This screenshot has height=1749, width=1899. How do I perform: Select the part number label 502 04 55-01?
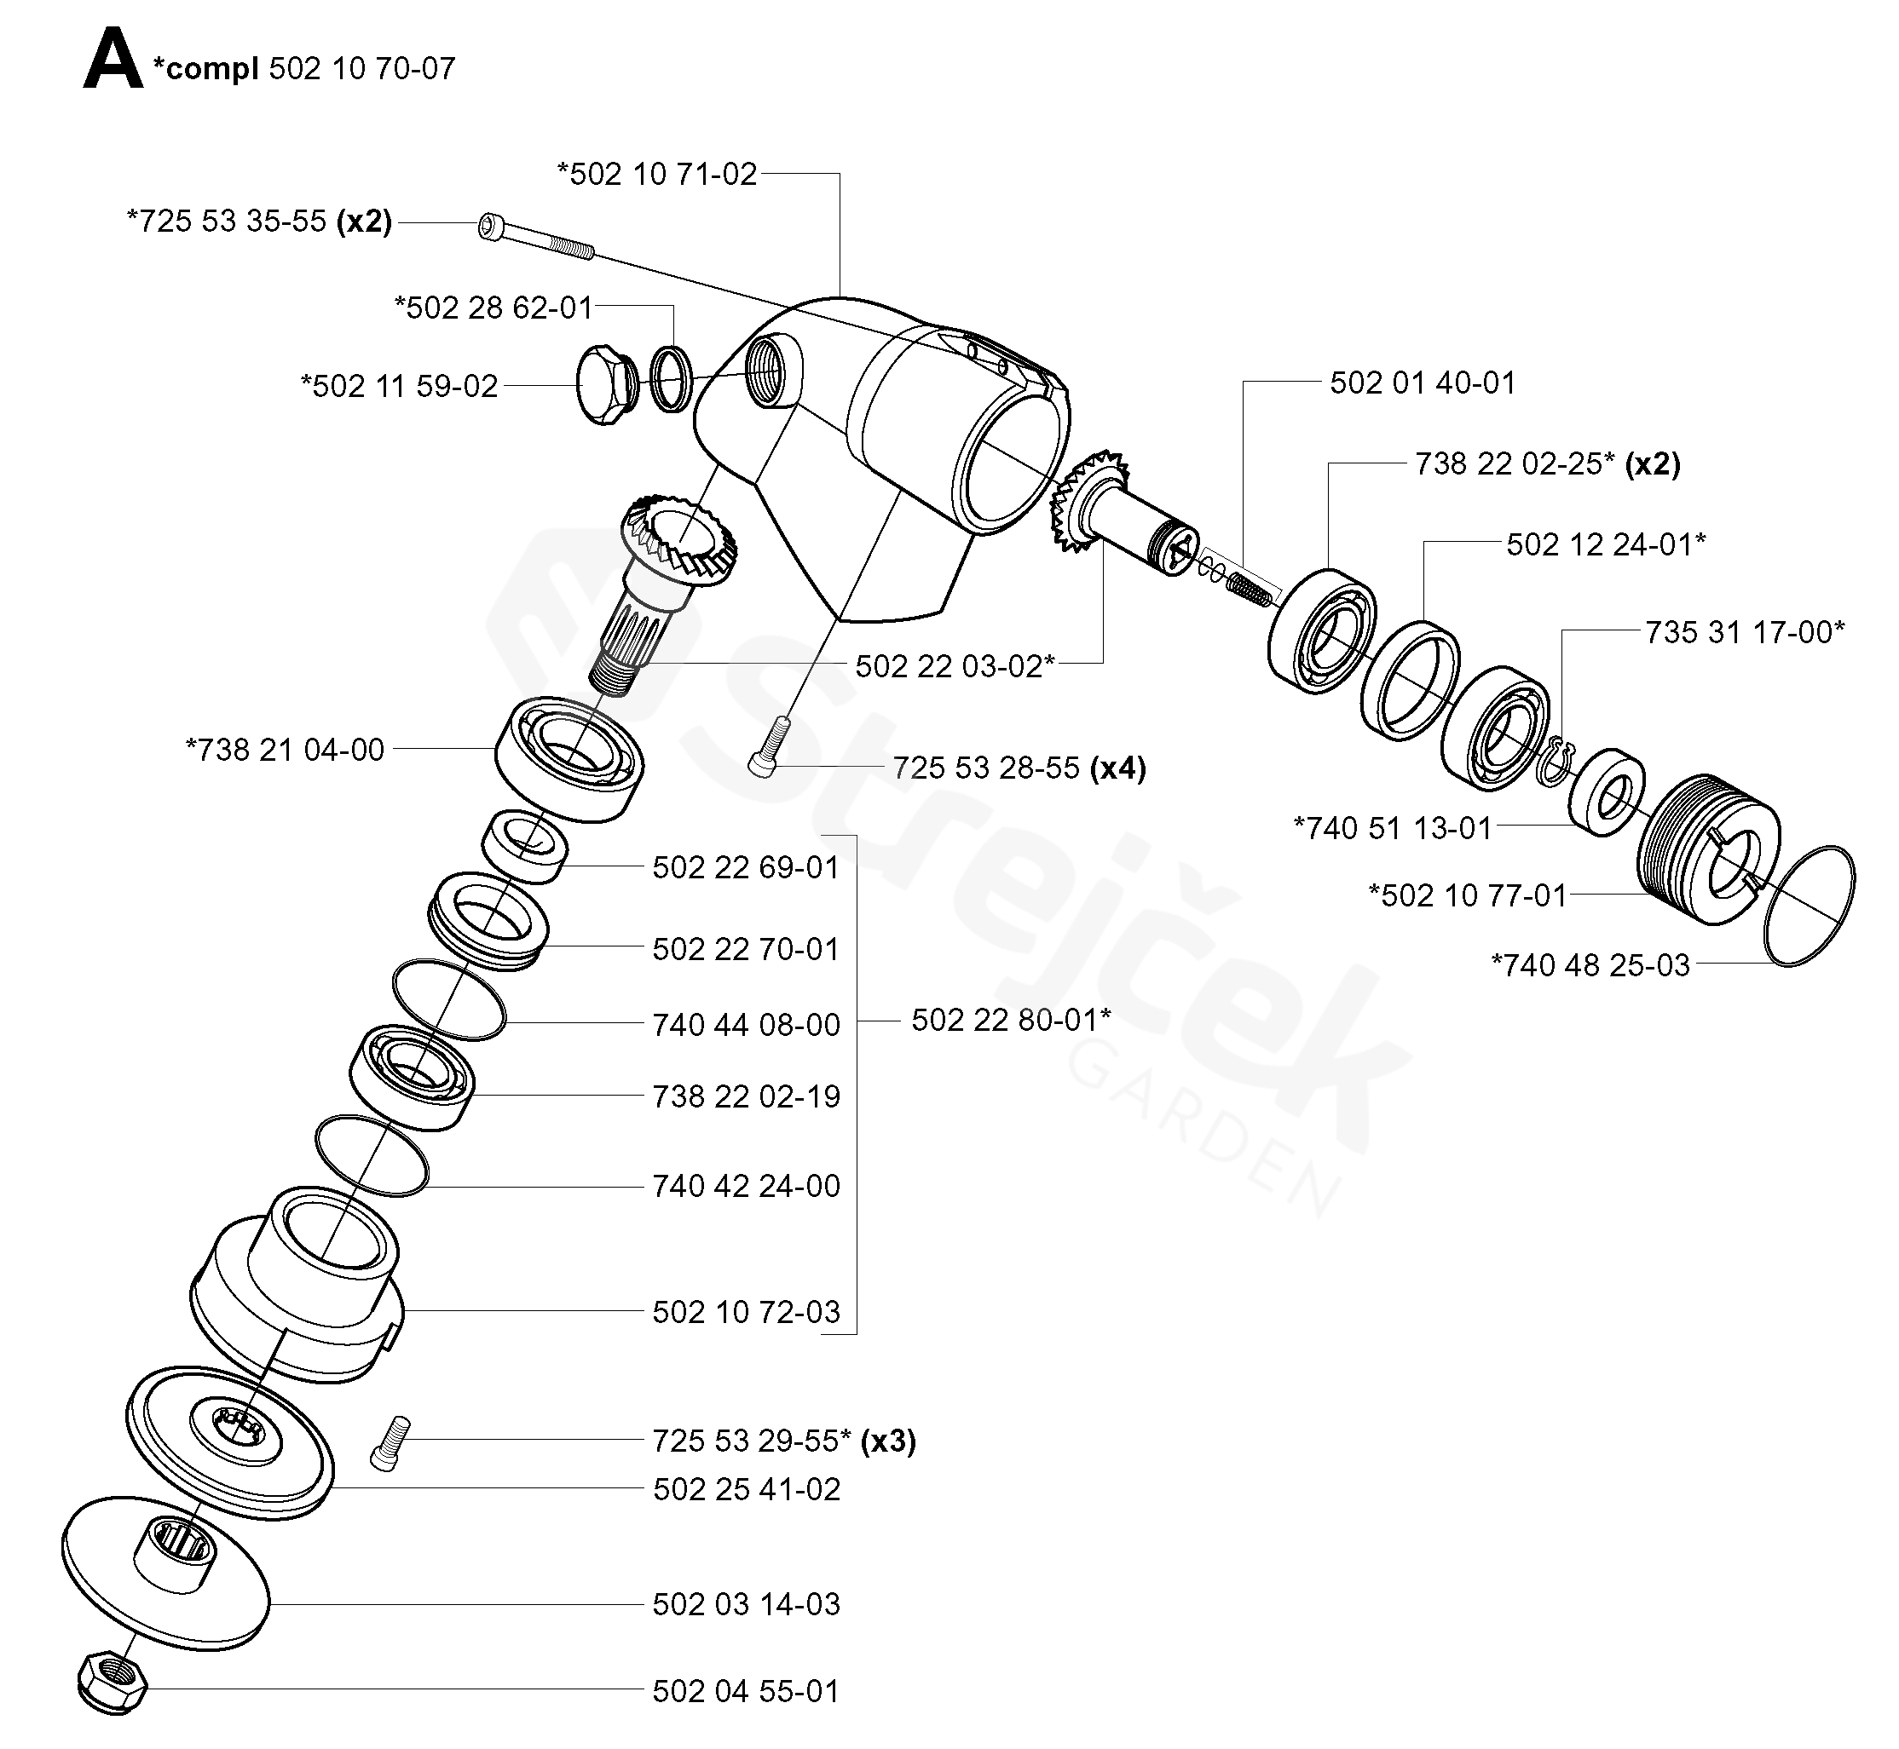pyautogui.click(x=746, y=1691)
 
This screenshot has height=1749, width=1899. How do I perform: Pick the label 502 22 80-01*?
pyautogui.click(x=1011, y=1021)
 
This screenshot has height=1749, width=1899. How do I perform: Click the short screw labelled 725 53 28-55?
pyautogui.click(x=771, y=748)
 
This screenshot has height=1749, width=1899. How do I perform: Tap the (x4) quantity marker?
pyautogui.click(x=1118, y=768)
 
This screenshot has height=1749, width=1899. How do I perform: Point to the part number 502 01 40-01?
pyautogui.click(x=1423, y=383)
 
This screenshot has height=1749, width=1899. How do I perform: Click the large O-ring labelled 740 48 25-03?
pyautogui.click(x=1810, y=906)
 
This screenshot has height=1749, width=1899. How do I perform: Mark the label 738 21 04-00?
pyautogui.click(x=285, y=751)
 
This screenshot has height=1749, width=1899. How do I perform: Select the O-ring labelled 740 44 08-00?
pyautogui.click(x=448, y=999)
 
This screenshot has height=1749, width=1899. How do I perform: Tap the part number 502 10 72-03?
pyautogui.click(x=746, y=1312)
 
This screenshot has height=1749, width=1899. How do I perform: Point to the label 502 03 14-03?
pyautogui.click(x=746, y=1604)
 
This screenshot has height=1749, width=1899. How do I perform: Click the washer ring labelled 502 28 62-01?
pyautogui.click(x=671, y=378)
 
